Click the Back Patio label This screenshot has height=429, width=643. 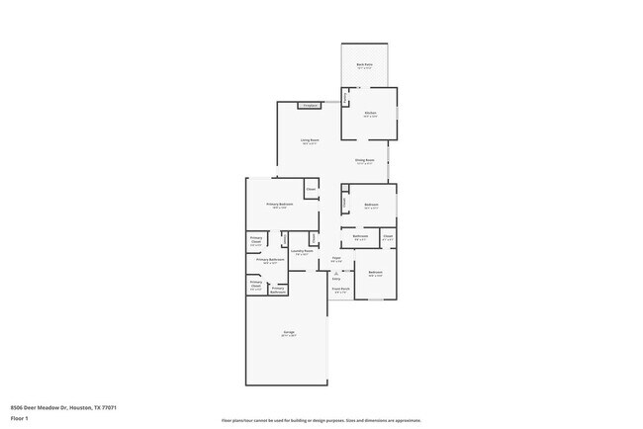click(364, 65)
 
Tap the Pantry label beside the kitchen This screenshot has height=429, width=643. click(345, 97)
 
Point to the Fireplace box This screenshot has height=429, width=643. click(310, 105)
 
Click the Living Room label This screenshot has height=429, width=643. click(310, 141)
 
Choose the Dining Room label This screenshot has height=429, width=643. click(364, 161)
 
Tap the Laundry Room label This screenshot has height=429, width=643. click(302, 252)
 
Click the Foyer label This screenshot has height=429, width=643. click(336, 260)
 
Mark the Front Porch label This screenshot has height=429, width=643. click(339, 291)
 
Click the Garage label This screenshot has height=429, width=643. click(289, 334)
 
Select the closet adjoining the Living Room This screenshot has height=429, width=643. click(311, 188)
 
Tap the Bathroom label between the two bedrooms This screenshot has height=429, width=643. click(361, 237)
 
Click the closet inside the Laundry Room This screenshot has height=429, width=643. click(314, 238)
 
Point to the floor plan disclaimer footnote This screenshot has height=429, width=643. click(321, 420)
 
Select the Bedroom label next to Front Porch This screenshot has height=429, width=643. click(376, 273)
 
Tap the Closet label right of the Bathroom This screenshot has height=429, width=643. click(388, 237)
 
